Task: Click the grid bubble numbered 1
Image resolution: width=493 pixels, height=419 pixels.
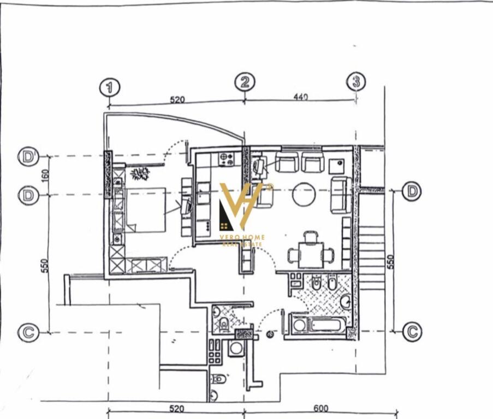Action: click(110, 87)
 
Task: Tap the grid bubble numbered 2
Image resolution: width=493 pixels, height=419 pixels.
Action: click(244, 82)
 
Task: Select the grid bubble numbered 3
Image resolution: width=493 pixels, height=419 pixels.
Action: click(356, 82)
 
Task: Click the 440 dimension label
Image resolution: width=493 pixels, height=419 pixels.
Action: click(301, 97)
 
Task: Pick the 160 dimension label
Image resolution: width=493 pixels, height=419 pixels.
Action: click(45, 176)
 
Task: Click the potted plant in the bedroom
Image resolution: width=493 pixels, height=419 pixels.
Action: click(140, 174)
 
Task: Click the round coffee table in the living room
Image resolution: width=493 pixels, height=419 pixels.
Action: click(305, 194)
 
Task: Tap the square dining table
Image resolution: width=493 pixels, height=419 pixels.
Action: click(311, 254)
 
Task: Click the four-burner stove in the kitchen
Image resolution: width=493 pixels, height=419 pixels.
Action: click(227, 159)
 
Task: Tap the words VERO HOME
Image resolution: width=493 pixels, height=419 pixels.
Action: click(242, 237)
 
